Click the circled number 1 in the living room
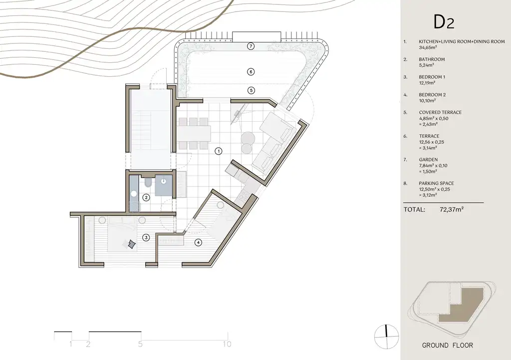[x=219, y=151]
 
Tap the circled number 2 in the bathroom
[x=146, y=197]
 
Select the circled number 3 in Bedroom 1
[x=146, y=238]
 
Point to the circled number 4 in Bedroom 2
[x=198, y=242]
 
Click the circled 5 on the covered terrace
[x=251, y=90]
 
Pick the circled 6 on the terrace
[x=251, y=72]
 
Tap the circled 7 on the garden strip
[x=251, y=46]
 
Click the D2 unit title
[x=444, y=22]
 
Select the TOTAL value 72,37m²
[x=452, y=209]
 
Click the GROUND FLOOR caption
[x=448, y=346]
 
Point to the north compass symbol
[x=387, y=337]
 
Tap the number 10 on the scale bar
[x=227, y=344]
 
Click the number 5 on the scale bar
[x=140, y=344]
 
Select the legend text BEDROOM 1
[x=432, y=77]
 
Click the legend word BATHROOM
[x=432, y=59]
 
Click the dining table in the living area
[x=194, y=133]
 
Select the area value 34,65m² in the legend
[x=428, y=47]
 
